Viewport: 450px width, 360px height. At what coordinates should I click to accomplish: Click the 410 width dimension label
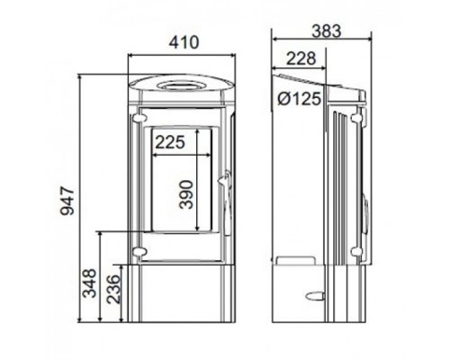click(x=184, y=42)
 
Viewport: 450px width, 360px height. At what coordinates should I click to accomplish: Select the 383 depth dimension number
click(x=327, y=31)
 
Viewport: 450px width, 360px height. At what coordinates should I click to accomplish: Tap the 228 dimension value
click(x=301, y=58)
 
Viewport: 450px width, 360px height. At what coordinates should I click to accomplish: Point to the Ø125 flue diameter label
click(x=299, y=98)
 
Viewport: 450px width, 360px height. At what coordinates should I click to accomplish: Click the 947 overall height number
click(x=67, y=201)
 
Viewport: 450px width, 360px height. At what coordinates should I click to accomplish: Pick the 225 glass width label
click(x=170, y=142)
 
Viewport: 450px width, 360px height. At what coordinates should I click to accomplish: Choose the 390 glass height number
click(x=185, y=194)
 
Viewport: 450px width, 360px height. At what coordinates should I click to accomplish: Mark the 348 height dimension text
click(x=89, y=283)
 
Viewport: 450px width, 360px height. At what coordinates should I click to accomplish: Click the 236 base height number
click(x=113, y=289)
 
